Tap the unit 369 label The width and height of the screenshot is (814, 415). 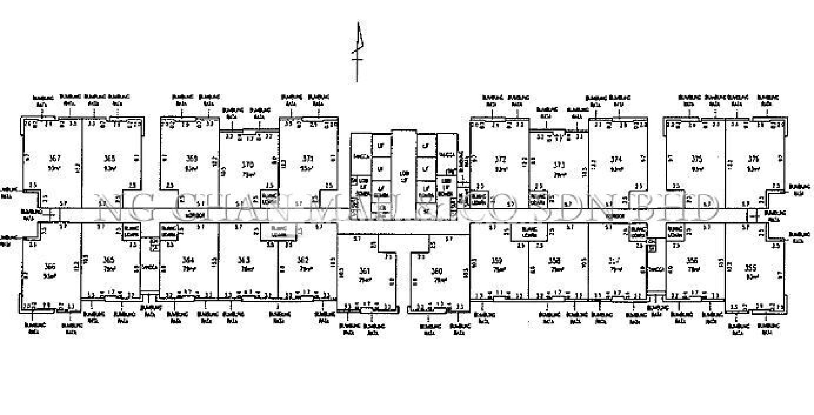coord(192,158)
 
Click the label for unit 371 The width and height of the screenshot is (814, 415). coord(308,158)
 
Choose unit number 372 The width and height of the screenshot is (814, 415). coord(500,160)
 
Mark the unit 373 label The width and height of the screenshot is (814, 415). coord(559,164)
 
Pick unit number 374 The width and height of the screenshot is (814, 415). coord(616,160)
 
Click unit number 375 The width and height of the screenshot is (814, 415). coord(697,159)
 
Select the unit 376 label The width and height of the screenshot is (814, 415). coord(753,159)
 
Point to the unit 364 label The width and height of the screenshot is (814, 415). coord(188,260)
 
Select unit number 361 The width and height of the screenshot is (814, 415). coord(364,271)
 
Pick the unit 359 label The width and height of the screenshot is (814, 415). coord(497,261)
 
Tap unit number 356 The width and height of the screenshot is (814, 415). coord(692,261)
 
